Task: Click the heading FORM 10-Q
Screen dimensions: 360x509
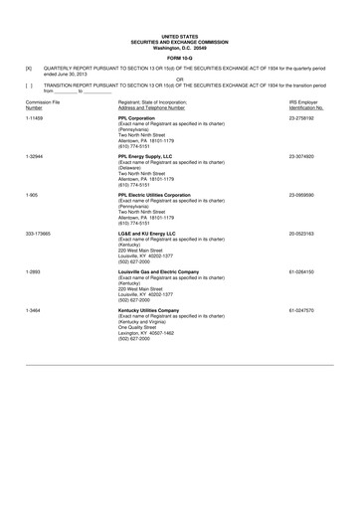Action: (x=180, y=55)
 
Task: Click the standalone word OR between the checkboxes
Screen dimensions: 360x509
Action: (x=180, y=81)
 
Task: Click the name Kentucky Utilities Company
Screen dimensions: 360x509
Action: (x=159, y=309)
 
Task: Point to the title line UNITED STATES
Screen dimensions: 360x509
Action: (x=180, y=33)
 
